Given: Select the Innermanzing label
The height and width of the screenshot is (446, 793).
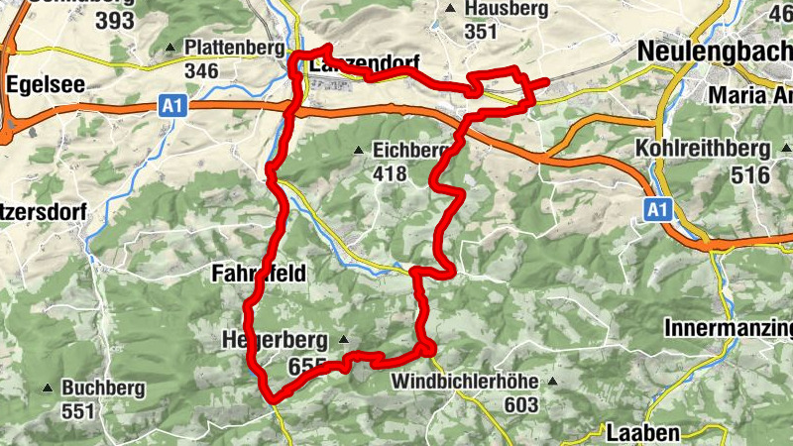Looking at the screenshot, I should (x=728, y=327).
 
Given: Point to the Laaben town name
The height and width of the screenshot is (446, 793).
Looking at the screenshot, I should (x=643, y=432).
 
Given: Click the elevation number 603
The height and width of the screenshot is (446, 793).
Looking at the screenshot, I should (x=519, y=404).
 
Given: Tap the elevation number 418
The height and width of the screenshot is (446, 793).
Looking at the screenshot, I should (x=391, y=173).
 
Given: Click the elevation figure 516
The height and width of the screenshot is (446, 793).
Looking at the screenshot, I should (x=749, y=174).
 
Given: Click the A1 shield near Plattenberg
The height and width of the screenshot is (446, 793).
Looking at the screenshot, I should (x=173, y=105).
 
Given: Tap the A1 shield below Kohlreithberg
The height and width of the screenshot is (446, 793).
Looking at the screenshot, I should (x=655, y=209).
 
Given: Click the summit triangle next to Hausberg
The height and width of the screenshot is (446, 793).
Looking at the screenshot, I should (x=450, y=8).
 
